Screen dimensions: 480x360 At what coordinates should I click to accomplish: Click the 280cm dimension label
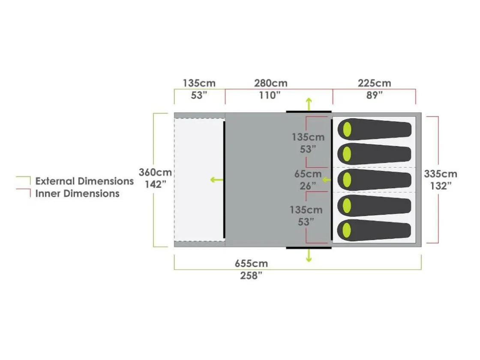tap(271, 83)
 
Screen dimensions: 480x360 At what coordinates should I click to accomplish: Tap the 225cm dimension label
tap(375, 83)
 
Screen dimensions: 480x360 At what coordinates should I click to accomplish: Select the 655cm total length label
tap(251, 264)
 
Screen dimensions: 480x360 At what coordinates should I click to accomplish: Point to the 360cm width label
tap(155, 172)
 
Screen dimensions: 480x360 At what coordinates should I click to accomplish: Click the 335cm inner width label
tap(441, 174)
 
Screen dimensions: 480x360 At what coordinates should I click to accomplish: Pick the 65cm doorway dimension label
tap(308, 174)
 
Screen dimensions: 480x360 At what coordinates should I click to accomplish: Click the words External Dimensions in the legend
tap(84, 181)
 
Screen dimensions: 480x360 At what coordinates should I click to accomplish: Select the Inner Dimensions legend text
tap(78, 194)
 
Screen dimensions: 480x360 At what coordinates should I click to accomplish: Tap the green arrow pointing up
tap(309, 104)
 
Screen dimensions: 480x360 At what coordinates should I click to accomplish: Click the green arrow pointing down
tap(309, 255)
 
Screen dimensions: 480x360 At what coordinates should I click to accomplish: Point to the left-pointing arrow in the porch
tap(217, 180)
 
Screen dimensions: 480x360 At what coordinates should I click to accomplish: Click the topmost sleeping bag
tap(375, 129)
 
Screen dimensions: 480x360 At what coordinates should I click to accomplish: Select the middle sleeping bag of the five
tap(375, 180)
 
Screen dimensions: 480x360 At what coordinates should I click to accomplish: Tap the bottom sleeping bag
tap(374, 230)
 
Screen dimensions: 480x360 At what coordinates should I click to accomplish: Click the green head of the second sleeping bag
tap(347, 154)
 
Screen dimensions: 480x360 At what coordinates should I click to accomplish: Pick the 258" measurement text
tap(251, 276)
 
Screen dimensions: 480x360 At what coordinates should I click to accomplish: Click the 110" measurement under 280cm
tap(270, 96)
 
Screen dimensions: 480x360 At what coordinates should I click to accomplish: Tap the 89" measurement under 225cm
tap(375, 96)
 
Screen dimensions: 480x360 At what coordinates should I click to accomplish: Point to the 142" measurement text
tap(156, 185)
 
